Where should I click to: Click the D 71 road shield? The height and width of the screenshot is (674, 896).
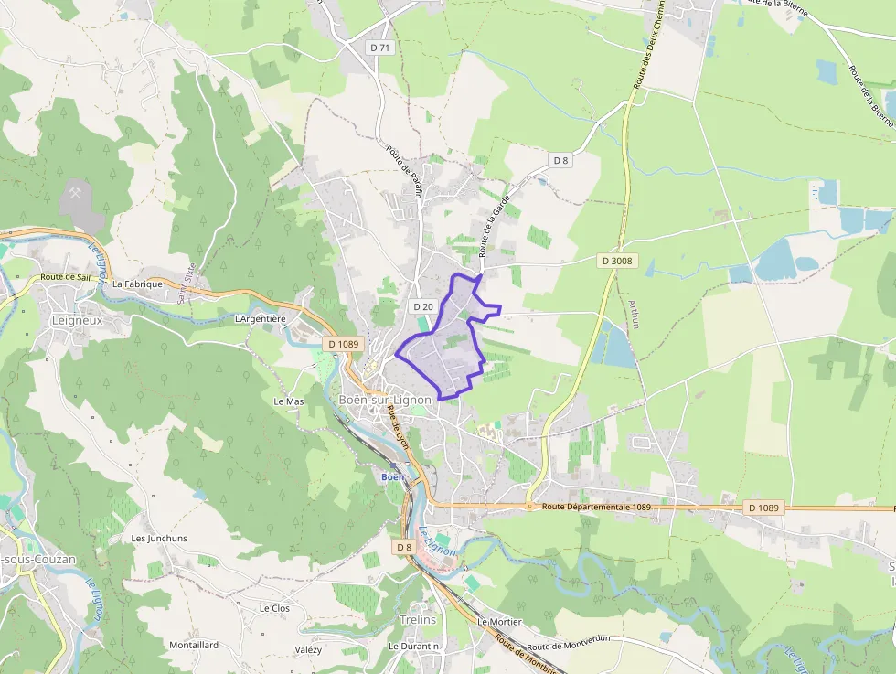(380, 47)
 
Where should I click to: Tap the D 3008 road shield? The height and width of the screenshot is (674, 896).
(618, 261)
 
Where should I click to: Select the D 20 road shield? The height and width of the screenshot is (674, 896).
(421, 306)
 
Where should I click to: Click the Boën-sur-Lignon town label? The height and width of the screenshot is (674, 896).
(385, 401)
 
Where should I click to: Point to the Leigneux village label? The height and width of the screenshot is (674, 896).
(78, 321)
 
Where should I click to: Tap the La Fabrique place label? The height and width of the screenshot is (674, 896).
(137, 284)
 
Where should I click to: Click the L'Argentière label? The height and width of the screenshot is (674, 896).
(261, 318)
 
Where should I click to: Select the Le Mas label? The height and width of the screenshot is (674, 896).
(288, 401)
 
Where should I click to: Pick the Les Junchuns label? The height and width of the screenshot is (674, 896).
(159, 539)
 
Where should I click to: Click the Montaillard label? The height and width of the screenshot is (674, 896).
(194, 645)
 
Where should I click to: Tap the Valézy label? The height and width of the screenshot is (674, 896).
(308, 649)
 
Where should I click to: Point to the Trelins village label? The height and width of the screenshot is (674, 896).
(418, 619)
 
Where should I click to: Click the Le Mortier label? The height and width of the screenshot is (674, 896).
(499, 622)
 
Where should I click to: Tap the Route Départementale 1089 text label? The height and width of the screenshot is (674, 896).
(596, 507)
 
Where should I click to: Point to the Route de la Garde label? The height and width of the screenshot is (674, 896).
(499, 230)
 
